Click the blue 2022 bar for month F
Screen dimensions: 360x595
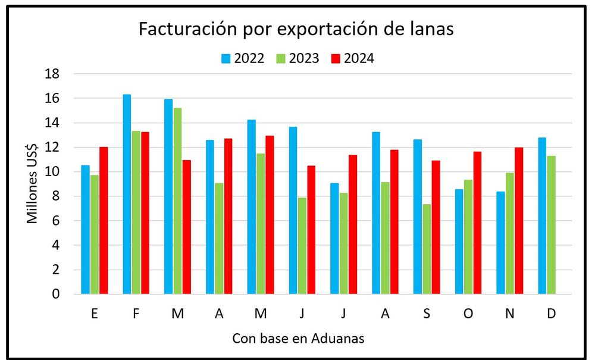pyautogui.click(x=127, y=194)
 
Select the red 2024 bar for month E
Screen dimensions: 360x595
pyautogui.click(x=104, y=220)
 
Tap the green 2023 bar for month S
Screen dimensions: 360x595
pyautogui.click(x=427, y=249)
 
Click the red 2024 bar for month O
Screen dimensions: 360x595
pyautogui.click(x=477, y=223)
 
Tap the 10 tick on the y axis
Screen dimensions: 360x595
pyautogui.click(x=53, y=172)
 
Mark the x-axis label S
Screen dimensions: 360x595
pyautogui.click(x=427, y=314)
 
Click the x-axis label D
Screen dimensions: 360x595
pyautogui.click(x=551, y=314)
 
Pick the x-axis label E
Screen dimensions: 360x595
pyautogui.click(x=95, y=314)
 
